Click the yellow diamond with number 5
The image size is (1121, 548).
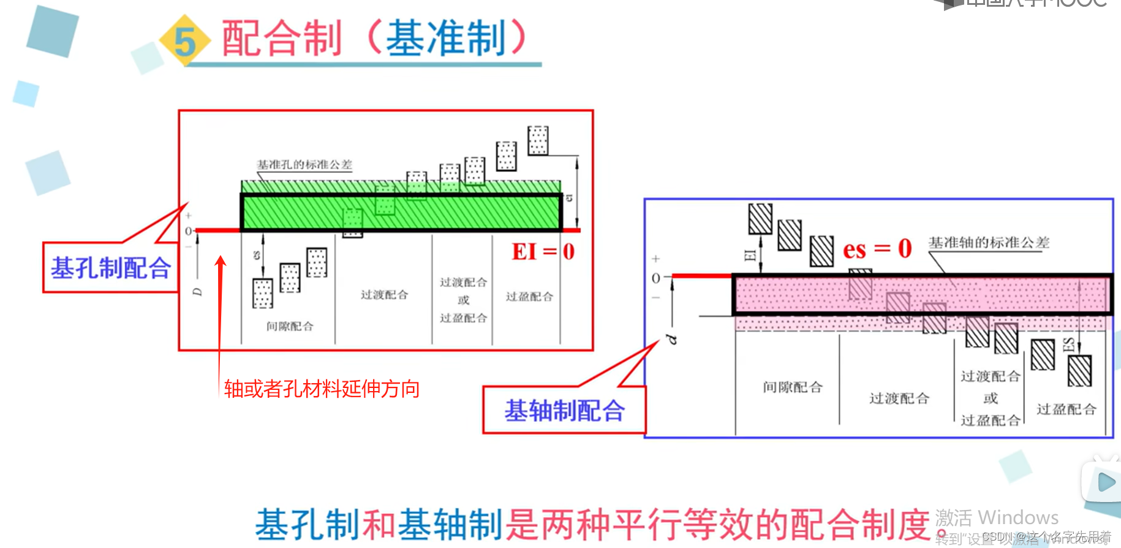click(x=184, y=40)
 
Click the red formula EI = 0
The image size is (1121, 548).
click(x=543, y=252)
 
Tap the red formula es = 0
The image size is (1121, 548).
click(x=877, y=249)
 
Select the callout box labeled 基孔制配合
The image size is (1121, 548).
click(x=110, y=268)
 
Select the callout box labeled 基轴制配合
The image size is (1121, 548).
click(x=564, y=410)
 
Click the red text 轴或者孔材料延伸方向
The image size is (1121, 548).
click(x=322, y=389)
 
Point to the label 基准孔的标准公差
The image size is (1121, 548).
click(x=304, y=164)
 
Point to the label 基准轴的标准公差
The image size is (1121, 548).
click(x=989, y=243)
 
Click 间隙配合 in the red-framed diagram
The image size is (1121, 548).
click(x=290, y=326)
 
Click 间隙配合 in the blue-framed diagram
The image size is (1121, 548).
click(x=793, y=387)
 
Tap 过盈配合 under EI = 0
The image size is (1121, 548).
click(x=529, y=297)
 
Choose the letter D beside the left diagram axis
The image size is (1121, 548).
click(x=197, y=292)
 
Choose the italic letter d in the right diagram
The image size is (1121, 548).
click(x=672, y=339)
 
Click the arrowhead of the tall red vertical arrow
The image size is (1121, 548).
click(x=221, y=261)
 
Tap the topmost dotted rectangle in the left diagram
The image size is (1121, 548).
click(x=538, y=140)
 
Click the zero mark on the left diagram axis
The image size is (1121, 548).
click(x=188, y=231)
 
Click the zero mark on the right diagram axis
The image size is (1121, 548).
click(x=655, y=278)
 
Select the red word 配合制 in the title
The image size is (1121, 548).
click(x=281, y=39)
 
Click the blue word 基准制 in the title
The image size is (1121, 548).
click(x=445, y=39)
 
